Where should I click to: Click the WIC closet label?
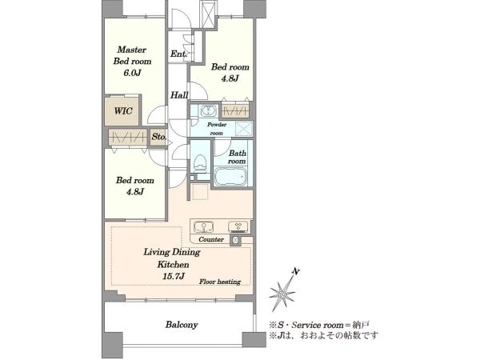pos(123,110)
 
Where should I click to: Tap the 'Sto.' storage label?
pos(159,137)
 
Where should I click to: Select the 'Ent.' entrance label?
pos(178,54)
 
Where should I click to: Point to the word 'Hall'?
pos(179,95)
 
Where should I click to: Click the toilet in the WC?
pos(200,162)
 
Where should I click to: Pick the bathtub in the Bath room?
pos(230,176)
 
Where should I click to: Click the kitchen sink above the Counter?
pos(203,227)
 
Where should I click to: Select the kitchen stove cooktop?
pos(238,227)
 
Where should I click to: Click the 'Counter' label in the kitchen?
pos(211,239)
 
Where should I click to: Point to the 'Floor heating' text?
pos(220,282)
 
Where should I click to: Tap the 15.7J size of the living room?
pos(174,276)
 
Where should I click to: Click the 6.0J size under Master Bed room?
pos(132,73)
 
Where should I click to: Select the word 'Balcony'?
pos(182,325)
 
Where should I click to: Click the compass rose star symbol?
pos(283,294)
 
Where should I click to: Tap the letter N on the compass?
pos(295,271)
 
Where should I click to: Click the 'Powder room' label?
pos(217,129)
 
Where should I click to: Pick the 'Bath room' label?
pos(238,157)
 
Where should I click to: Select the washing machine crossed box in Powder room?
pos(244,128)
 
